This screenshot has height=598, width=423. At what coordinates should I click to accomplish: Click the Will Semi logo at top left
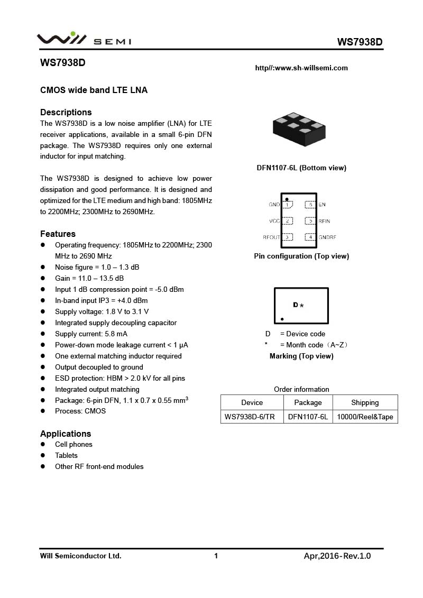click(84, 40)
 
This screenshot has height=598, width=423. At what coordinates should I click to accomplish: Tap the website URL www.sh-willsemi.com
click(301, 68)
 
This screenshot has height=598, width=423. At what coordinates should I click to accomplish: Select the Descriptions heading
click(66, 112)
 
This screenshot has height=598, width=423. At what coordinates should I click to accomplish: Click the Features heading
click(58, 234)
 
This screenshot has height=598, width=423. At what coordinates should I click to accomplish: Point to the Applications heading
click(66, 434)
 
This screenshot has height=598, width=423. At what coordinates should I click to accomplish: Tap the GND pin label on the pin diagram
click(274, 205)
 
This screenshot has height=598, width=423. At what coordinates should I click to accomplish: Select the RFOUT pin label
click(271, 237)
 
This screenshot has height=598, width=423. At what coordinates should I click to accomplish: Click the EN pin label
click(322, 205)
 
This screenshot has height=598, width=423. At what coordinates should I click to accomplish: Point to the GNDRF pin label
click(327, 237)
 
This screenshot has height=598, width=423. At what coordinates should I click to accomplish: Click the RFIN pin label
click(324, 221)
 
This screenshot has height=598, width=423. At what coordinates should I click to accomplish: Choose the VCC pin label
click(274, 221)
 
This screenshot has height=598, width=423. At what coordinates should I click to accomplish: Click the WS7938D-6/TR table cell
click(250, 417)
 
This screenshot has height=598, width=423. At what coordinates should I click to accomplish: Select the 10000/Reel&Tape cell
click(365, 417)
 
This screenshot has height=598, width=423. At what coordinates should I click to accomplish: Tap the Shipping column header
click(365, 402)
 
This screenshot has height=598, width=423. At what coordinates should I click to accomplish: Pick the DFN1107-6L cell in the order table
click(308, 417)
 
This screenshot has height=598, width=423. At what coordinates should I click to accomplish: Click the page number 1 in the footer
click(216, 556)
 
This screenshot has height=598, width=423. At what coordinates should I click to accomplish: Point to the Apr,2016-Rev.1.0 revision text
click(337, 556)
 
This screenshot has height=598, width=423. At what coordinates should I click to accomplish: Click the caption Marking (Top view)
click(301, 356)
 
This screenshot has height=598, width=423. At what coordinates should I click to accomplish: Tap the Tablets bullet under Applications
click(66, 455)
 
